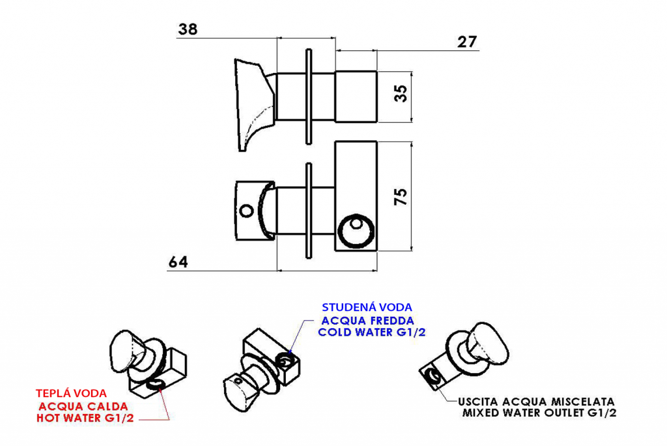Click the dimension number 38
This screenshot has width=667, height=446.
click(x=188, y=29)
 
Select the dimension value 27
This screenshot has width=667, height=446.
click(x=467, y=42)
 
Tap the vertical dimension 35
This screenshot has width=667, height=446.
click(x=401, y=93)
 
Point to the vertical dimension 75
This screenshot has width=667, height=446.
click(x=401, y=196)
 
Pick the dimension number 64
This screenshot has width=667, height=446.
click(x=178, y=261)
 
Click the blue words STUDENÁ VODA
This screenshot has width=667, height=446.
click(x=367, y=307)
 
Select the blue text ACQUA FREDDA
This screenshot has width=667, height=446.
click(x=367, y=320)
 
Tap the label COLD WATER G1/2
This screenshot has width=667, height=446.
click(x=372, y=333)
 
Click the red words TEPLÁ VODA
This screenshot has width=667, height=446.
click(x=72, y=393)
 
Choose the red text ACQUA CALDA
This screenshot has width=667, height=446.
click(x=83, y=406)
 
